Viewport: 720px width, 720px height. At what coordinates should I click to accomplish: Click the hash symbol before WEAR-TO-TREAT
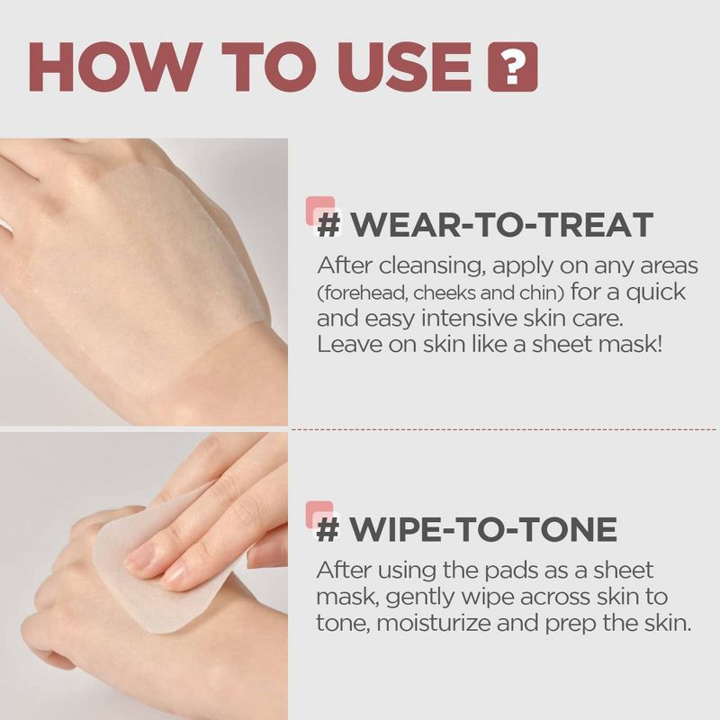[x=329, y=225]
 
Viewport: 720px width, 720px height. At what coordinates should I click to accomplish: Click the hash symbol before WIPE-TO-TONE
[x=329, y=530]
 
